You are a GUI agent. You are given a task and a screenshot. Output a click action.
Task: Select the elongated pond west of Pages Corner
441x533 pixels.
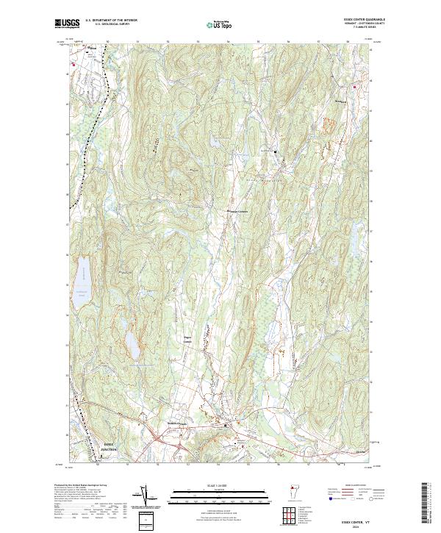point(132,341)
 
